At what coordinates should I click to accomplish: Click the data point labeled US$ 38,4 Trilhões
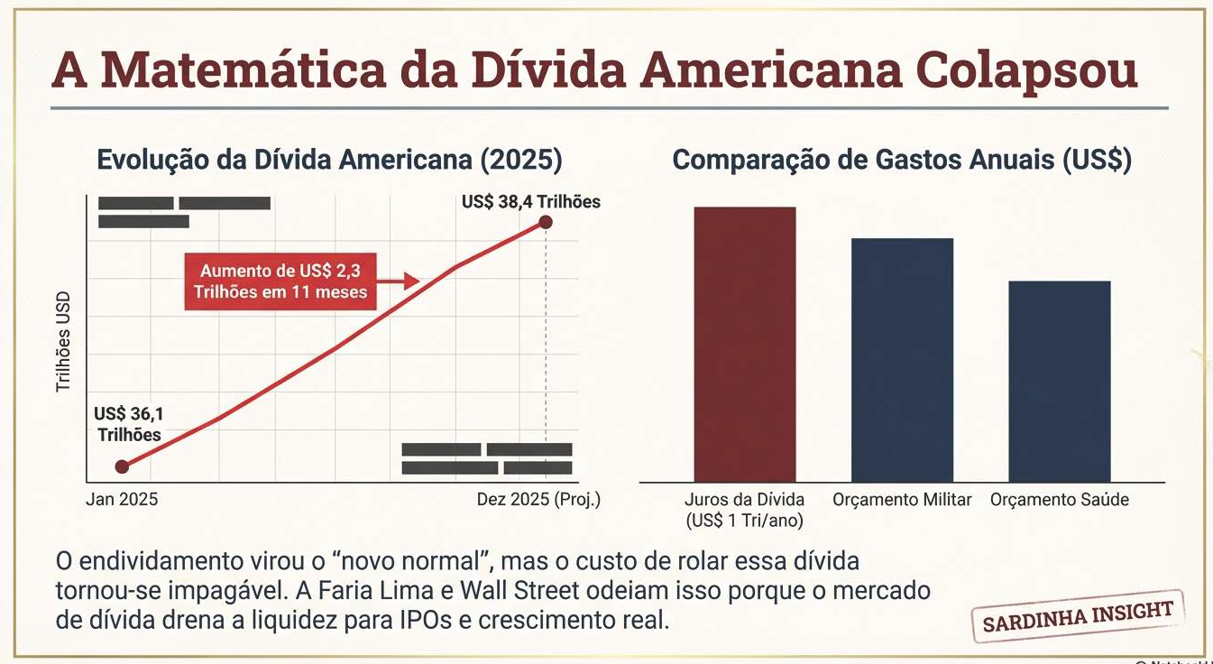click(545, 223)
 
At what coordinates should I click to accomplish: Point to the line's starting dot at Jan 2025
click(123, 466)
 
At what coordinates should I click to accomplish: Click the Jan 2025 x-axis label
click(122, 499)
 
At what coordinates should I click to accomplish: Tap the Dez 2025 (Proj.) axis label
click(538, 499)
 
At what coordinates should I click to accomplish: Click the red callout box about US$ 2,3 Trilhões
click(280, 281)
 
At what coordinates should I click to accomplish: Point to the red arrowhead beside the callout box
click(411, 281)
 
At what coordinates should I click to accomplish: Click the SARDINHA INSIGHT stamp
click(1078, 617)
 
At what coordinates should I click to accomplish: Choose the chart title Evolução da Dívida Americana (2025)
click(329, 161)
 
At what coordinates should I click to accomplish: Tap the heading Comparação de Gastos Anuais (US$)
click(902, 161)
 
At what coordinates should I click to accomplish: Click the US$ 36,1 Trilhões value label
click(128, 424)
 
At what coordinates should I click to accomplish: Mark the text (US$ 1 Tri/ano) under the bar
click(744, 521)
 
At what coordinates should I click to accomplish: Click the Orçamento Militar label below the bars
click(902, 499)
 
